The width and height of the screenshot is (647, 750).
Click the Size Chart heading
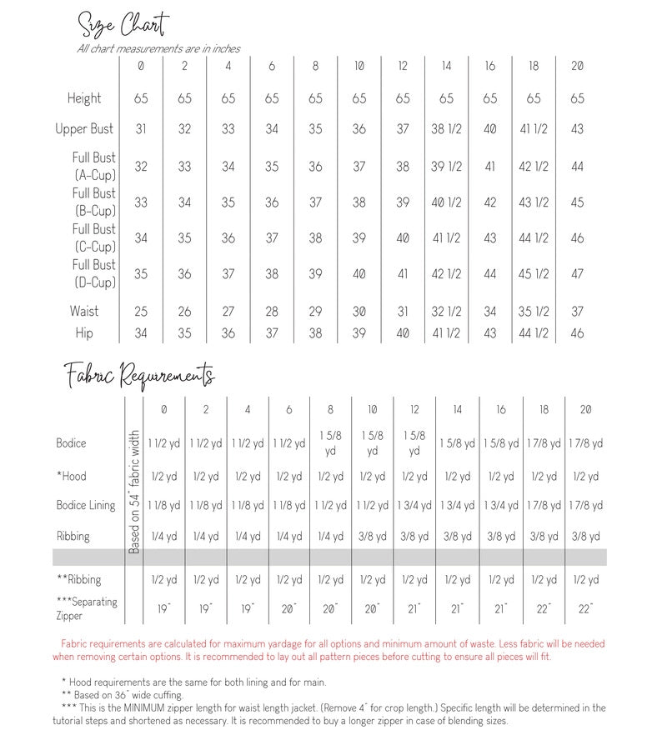point(123,24)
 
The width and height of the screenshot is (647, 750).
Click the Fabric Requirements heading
point(139,376)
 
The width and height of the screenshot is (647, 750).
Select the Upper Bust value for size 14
point(446,129)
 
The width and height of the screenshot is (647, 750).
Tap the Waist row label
point(84,311)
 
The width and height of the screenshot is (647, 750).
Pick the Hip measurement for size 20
point(577,333)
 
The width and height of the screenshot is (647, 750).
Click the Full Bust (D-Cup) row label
point(94,273)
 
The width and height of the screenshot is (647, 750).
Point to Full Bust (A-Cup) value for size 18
point(534,167)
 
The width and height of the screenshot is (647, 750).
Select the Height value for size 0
point(141,98)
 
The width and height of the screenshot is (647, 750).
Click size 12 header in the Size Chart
point(403,66)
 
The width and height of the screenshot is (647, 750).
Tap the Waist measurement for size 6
point(272,312)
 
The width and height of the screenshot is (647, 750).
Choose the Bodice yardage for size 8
point(331,442)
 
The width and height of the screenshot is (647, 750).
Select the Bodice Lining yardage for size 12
point(414,506)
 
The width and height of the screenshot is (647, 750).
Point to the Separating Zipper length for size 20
point(586,609)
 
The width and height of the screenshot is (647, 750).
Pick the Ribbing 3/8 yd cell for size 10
point(373,537)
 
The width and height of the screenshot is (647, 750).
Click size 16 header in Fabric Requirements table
point(500,409)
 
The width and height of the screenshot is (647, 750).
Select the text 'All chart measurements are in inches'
point(158,48)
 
